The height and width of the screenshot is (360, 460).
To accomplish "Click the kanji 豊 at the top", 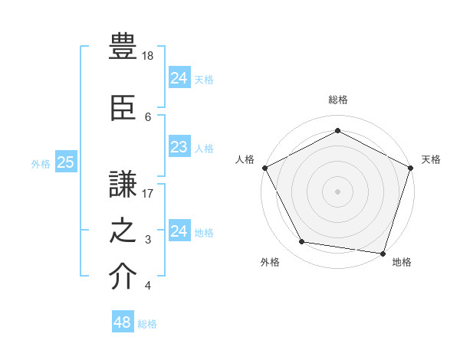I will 123,47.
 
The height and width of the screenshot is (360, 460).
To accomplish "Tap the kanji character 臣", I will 123,107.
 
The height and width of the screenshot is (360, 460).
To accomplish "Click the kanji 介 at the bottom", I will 123,277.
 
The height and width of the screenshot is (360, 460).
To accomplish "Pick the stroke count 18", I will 149,56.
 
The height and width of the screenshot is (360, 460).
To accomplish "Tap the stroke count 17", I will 149,193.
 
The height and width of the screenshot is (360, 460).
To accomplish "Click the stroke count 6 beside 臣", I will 148,116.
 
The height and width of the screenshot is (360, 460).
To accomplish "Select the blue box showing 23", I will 179,148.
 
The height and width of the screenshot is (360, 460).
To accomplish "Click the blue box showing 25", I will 66,162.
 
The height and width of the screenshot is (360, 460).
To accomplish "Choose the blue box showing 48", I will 122,322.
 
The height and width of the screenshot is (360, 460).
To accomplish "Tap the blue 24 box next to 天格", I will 179,78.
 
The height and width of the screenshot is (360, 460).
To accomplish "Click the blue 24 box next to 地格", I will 179,231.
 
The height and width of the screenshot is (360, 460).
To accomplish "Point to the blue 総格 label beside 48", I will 147,324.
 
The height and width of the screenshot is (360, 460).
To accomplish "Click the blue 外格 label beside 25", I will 41,163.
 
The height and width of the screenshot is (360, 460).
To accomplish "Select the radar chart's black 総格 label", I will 337,100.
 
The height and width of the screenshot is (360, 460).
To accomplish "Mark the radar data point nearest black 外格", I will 301,242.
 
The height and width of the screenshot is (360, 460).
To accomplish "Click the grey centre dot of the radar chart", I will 337,191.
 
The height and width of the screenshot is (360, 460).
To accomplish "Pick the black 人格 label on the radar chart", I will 245,159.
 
